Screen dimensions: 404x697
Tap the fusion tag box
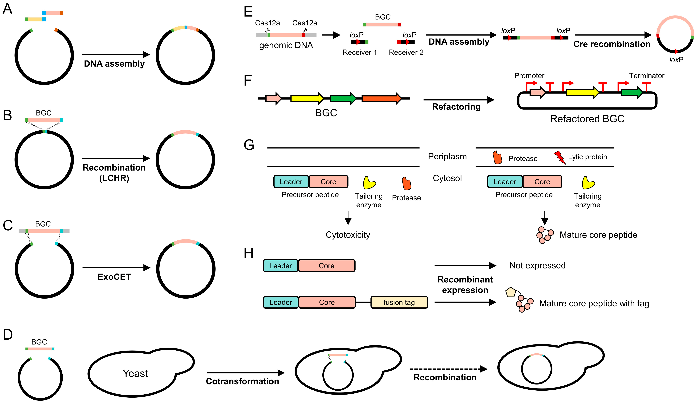point(399,302)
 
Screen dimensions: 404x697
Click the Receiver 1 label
point(360,52)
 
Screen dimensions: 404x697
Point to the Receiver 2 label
point(406,52)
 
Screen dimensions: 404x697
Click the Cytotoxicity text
point(348,235)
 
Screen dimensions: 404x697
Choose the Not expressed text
point(537,265)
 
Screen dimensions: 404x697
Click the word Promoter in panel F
point(529,76)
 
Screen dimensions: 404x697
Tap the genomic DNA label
point(286,45)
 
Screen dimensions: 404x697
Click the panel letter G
point(249,145)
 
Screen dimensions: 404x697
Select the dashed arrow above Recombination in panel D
point(448,369)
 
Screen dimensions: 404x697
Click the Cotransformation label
point(242,381)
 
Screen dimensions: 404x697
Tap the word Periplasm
point(447,156)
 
